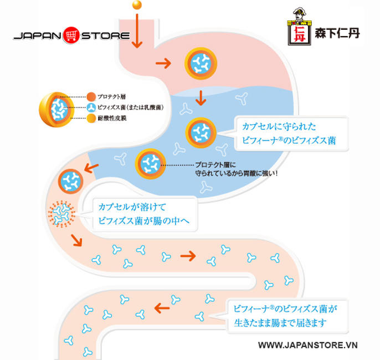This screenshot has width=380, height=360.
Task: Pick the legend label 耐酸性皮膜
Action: pyautogui.click(x=111, y=119)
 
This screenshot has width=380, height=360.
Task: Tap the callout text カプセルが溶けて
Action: pyautogui.click(x=128, y=207)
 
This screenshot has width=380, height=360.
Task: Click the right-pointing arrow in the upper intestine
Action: pyautogui.click(x=189, y=255)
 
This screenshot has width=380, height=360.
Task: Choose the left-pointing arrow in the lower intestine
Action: pyautogui.click(x=161, y=307)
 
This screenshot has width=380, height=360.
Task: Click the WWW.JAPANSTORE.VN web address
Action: pyautogui.click(x=309, y=345)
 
